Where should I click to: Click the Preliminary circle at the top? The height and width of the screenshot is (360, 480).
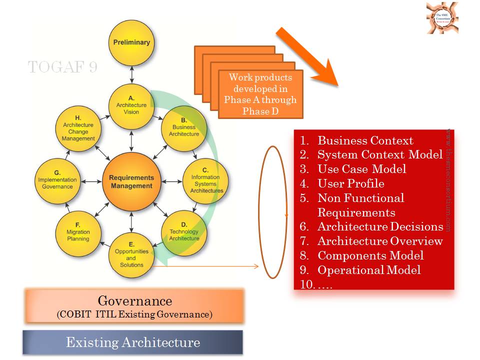131,43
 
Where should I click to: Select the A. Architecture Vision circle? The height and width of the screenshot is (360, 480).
131,105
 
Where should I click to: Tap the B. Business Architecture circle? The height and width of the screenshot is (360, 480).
183,127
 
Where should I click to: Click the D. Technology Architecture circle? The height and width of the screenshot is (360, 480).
183,232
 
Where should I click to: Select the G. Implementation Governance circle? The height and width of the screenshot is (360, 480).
57,180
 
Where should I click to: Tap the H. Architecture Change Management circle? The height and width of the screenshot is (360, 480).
78,128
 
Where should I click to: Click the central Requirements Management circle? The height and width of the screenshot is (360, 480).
131,181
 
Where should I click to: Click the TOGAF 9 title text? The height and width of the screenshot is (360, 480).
62,67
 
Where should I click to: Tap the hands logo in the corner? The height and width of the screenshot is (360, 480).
442,18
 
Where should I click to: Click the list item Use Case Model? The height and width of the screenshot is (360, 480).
362,169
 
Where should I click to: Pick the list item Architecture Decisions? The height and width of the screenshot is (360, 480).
380,226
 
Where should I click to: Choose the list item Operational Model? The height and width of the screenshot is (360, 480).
369,270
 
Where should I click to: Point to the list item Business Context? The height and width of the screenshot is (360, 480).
365,140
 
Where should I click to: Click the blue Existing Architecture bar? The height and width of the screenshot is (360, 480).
132,342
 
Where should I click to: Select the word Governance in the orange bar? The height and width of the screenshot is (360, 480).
134,301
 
